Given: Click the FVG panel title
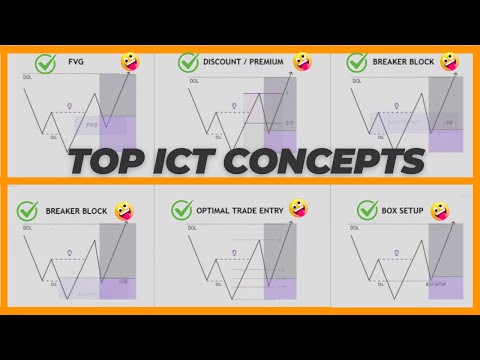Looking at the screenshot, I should coord(75,62).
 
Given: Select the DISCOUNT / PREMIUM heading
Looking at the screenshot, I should coord(243,62).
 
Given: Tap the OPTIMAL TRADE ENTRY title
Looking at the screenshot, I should coord(241,211).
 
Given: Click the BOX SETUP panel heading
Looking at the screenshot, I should coord(402,211).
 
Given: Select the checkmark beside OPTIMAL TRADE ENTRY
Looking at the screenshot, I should coord(182,211).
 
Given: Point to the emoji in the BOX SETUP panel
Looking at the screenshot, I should coord(439,212).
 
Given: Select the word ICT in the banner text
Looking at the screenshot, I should coord(192,159).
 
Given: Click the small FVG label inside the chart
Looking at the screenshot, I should coord(93,125).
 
